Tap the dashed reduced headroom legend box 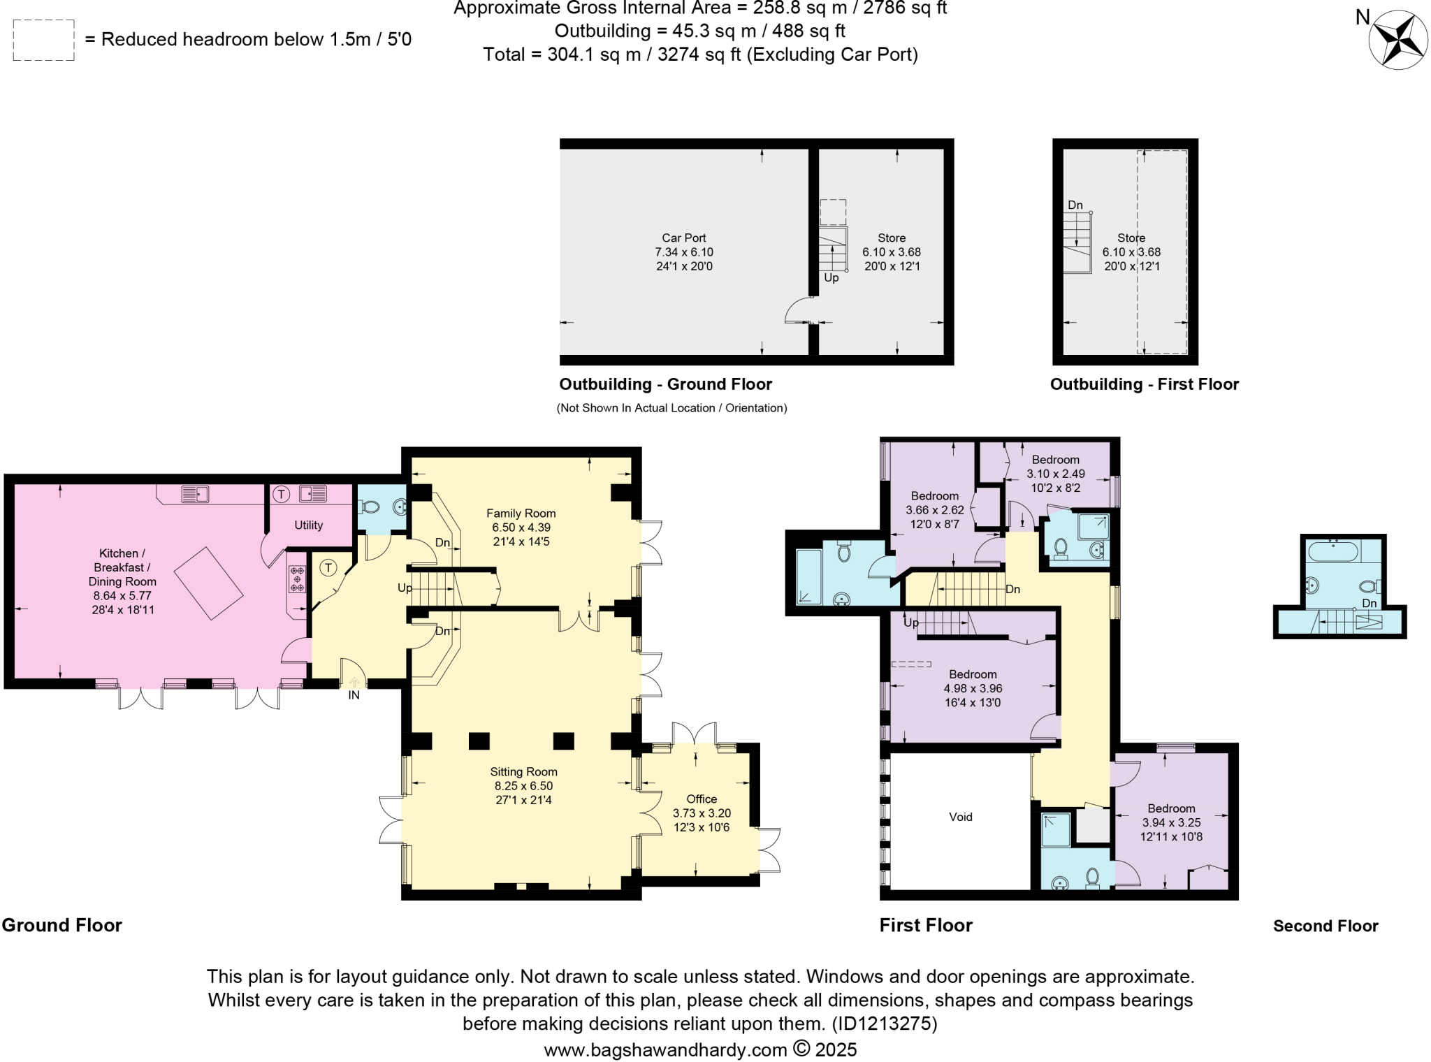[x=43, y=41]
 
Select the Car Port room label [x=684, y=238]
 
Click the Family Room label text [x=521, y=514]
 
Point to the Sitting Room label [x=523, y=772]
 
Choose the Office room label [x=702, y=799]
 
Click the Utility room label [x=308, y=525]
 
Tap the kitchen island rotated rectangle [x=208, y=583]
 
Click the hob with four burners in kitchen [x=297, y=579]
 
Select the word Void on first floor [x=961, y=817]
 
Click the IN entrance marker [x=354, y=695]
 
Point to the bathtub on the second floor [x=1334, y=551]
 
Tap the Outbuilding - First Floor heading [x=1145, y=384]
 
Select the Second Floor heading [x=1325, y=926]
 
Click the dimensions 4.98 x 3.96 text [x=973, y=688]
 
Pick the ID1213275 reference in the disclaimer [x=883, y=1024]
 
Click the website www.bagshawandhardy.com [x=666, y=1049]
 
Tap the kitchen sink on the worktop [x=195, y=494]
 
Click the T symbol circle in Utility [x=281, y=495]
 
